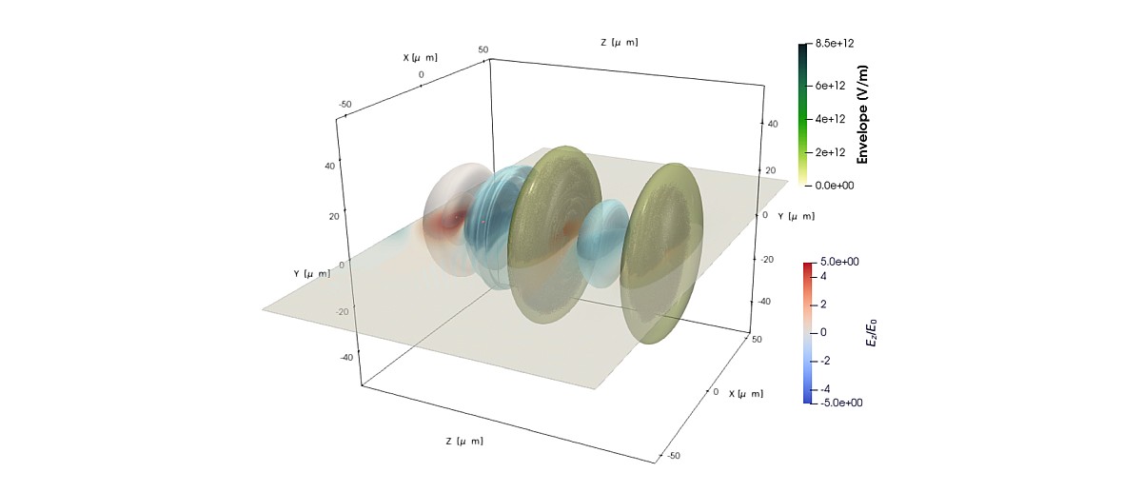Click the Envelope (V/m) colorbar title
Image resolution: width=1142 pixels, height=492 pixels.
[x=862, y=114]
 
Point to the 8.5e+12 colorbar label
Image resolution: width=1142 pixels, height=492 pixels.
[x=834, y=44]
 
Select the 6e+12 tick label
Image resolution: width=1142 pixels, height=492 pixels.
[x=830, y=86]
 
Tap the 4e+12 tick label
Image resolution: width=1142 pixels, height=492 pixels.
[x=830, y=119]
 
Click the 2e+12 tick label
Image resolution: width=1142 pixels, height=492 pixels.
[x=830, y=152]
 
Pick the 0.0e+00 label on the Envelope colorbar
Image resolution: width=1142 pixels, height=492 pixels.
[x=834, y=186]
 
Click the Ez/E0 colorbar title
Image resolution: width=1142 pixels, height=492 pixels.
[x=872, y=332]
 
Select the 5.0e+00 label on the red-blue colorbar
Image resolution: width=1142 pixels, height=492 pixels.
[x=839, y=262]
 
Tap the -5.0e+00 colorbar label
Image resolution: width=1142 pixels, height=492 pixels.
[x=841, y=403]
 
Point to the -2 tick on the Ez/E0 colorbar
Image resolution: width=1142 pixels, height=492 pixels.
[x=824, y=361]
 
